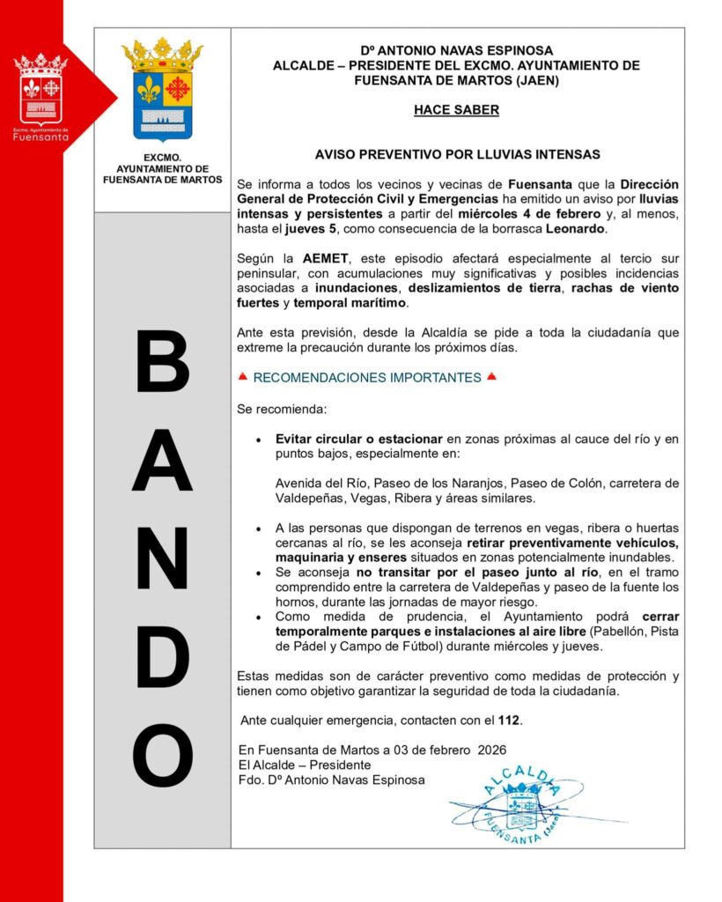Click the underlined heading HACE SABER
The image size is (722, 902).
tap(456, 110)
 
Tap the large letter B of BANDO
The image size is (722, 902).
tap(163, 361)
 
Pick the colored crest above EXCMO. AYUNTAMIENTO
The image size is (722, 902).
tap(162, 89)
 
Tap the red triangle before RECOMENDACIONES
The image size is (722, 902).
tap(243, 377)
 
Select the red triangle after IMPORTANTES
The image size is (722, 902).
tap(491, 377)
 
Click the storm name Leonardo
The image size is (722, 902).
tap(576, 229)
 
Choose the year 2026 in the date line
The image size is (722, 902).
tap(494, 750)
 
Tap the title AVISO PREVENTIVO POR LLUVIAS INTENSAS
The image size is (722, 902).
tap(457, 154)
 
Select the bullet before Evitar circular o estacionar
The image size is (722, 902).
tap(257, 439)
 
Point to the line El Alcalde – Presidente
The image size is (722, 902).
tap(305, 765)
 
